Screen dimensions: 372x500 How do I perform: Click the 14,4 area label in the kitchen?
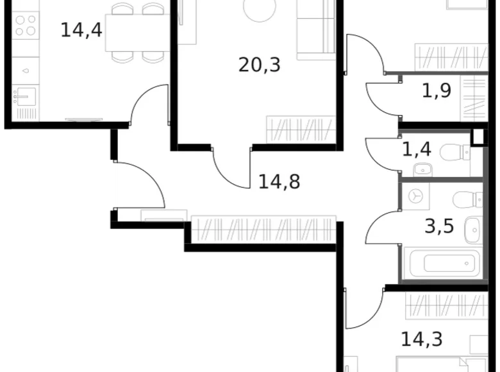(81, 30)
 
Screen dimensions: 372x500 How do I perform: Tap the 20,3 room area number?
(260, 64)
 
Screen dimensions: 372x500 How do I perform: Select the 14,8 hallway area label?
(279, 182)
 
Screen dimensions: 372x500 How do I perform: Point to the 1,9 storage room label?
(436, 90)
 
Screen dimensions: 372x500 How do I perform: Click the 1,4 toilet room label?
(416, 150)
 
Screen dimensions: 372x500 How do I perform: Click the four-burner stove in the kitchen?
(26, 25)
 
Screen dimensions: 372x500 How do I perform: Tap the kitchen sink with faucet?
(26, 97)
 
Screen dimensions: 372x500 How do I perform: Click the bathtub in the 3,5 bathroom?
(442, 263)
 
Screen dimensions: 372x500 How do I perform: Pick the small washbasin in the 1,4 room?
(422, 170)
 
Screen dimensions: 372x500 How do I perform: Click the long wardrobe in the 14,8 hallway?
(263, 229)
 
